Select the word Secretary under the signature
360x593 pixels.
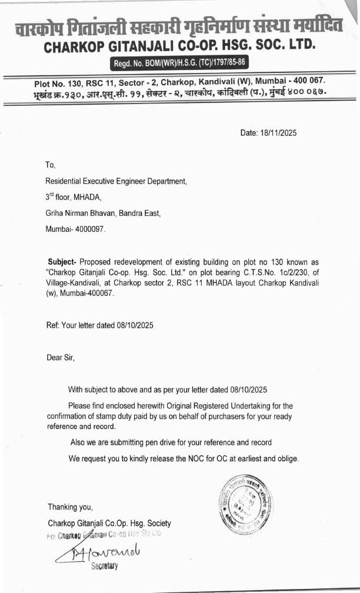[104, 566]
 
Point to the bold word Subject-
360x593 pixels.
[62, 261]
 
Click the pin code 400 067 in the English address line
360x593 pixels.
[304, 80]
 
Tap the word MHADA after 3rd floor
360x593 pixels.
[88, 198]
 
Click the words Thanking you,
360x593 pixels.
[70, 507]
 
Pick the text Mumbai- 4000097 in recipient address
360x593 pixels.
[75, 229]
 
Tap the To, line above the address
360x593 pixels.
[50, 165]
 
